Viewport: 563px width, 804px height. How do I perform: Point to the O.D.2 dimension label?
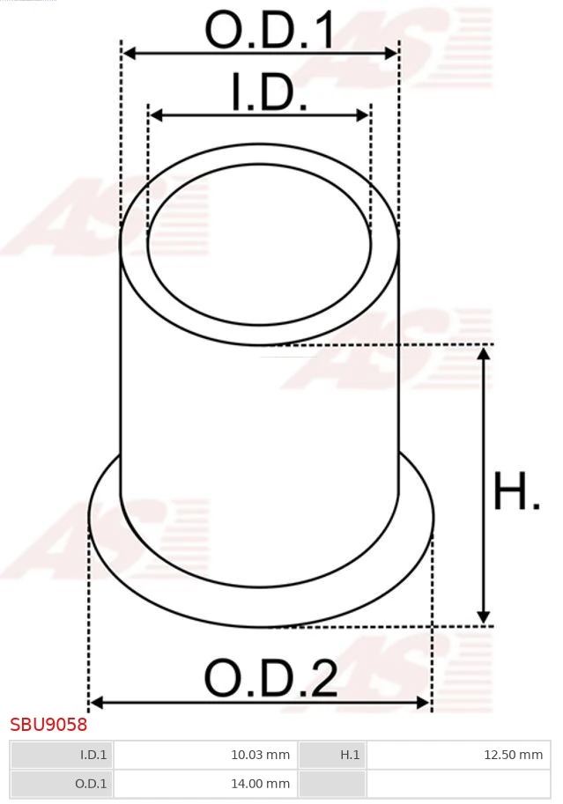pos(270,678)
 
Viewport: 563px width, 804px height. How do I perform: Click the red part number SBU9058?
pos(48,725)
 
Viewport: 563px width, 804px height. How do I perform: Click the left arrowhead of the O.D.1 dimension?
pos(129,54)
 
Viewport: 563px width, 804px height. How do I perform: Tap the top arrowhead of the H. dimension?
pos(483,352)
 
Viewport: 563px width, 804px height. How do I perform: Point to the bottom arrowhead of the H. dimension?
pos(483,618)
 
